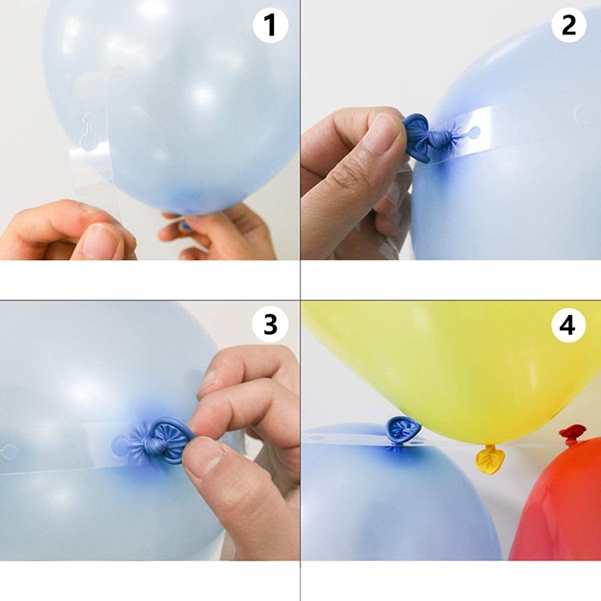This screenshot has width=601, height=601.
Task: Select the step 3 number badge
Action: click(270, 325)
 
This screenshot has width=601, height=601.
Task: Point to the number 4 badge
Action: click(568, 325)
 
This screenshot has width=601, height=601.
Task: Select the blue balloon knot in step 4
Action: click(401, 430)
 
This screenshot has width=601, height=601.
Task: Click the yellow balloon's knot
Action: click(489, 458)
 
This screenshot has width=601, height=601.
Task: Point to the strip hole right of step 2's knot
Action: click(473, 133)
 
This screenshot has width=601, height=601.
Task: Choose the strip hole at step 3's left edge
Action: click(8, 452)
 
